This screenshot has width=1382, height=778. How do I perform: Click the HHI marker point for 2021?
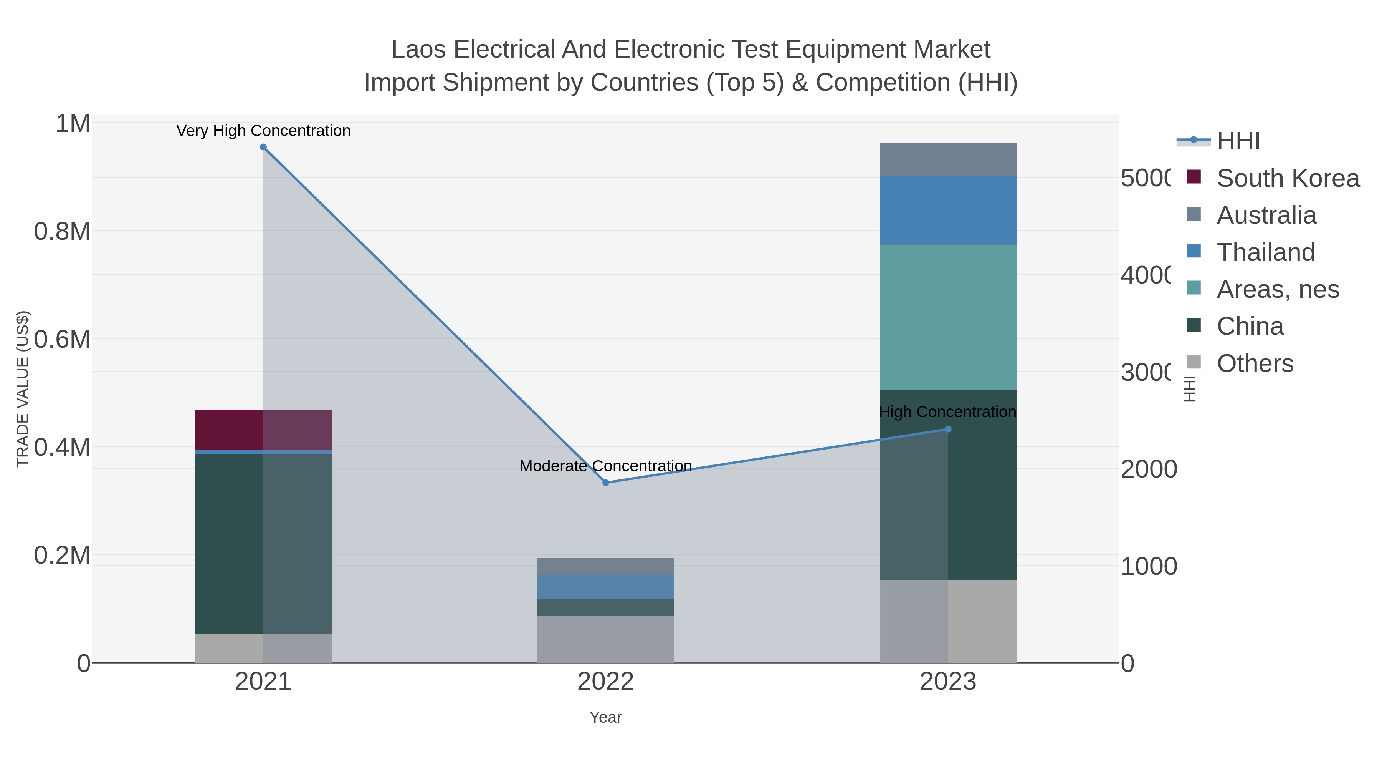tap(263, 147)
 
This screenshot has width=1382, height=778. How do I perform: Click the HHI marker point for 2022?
tap(606, 483)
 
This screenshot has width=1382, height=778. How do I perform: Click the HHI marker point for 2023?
tap(948, 429)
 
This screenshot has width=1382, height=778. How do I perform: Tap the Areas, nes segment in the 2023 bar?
tap(948, 317)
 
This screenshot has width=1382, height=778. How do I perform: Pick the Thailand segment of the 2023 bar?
tap(948, 211)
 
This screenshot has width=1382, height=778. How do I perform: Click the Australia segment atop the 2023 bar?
tap(948, 159)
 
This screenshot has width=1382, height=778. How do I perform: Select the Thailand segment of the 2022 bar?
tap(606, 587)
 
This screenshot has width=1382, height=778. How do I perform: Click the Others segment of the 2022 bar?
tap(606, 639)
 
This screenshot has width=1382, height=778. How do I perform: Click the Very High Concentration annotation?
tap(263, 131)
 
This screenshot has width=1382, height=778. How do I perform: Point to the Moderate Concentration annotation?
tap(606, 466)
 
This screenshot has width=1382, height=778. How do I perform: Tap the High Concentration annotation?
tap(947, 412)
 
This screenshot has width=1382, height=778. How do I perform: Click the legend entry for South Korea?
tap(1288, 178)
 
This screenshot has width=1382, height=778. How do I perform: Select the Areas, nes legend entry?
tap(1277, 289)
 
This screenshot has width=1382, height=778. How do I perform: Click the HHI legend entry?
tap(1238, 141)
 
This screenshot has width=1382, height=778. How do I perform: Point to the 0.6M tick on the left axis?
tap(62, 339)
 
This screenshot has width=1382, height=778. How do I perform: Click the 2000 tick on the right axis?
tap(1149, 469)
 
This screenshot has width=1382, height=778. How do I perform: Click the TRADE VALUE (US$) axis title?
tap(23, 389)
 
